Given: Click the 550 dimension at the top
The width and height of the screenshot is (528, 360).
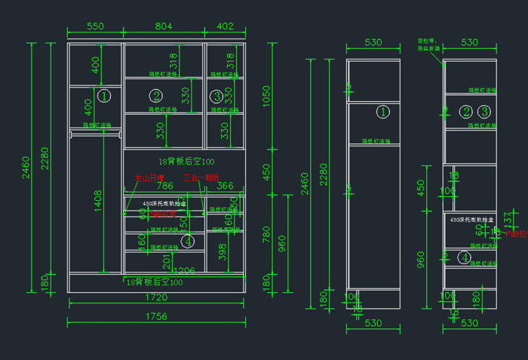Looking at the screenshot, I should [95, 26].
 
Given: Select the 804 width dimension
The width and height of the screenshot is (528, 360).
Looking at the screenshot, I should [164, 26].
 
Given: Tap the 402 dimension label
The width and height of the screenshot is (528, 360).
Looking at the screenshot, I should [226, 26].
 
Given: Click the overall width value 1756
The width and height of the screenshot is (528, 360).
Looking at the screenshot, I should [156, 316].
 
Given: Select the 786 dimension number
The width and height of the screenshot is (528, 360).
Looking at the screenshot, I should [164, 186].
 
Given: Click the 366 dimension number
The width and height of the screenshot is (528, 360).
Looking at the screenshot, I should [226, 186].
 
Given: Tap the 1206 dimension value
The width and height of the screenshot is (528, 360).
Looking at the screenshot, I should [184, 270].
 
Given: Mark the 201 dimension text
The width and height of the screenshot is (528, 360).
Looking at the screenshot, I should [167, 261].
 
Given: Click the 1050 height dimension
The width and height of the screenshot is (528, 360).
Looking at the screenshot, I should [266, 97].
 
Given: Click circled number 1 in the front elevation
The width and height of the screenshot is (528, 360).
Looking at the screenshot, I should [105, 96].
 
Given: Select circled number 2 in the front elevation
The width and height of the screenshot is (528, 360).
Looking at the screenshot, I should [156, 96].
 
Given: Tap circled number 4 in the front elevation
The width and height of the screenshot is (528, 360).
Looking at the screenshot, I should [188, 242].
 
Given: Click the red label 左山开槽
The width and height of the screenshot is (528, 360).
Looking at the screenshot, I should [149, 178].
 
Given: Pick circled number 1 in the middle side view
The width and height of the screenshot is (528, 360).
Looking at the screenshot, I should [382, 112].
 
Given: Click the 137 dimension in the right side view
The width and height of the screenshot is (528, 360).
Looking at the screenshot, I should [508, 220].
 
